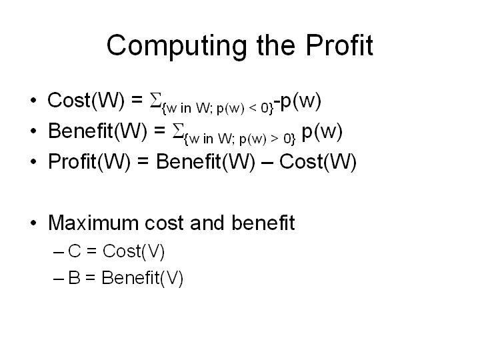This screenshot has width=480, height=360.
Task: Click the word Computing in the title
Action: [x=177, y=46]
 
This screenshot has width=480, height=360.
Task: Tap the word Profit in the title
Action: [x=339, y=45]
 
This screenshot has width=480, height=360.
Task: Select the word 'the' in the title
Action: [x=276, y=45]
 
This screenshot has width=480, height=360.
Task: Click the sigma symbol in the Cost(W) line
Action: [x=155, y=100]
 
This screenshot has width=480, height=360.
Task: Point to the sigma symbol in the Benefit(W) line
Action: [x=178, y=131]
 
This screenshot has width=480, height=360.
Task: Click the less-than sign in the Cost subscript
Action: [x=253, y=108]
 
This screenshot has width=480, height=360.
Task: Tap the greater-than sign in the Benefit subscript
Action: [x=275, y=139]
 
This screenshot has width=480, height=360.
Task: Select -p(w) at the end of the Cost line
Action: [x=297, y=101]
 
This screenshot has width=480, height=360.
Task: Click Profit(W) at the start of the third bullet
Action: [x=89, y=162]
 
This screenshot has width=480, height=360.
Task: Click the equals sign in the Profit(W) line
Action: [x=143, y=161]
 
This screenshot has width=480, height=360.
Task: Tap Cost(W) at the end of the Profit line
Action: [x=318, y=162]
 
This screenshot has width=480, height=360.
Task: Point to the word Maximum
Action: [x=93, y=223]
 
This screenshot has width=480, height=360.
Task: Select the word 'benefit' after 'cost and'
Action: [x=263, y=223]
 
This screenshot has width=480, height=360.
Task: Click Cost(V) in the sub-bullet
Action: [x=134, y=252]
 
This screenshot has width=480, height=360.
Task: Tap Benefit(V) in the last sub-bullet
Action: [x=143, y=278]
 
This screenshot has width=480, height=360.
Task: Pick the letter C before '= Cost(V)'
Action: [x=75, y=251]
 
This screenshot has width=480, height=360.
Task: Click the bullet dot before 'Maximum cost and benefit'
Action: [x=33, y=223]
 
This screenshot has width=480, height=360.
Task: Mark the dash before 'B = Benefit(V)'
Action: [x=59, y=279]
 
